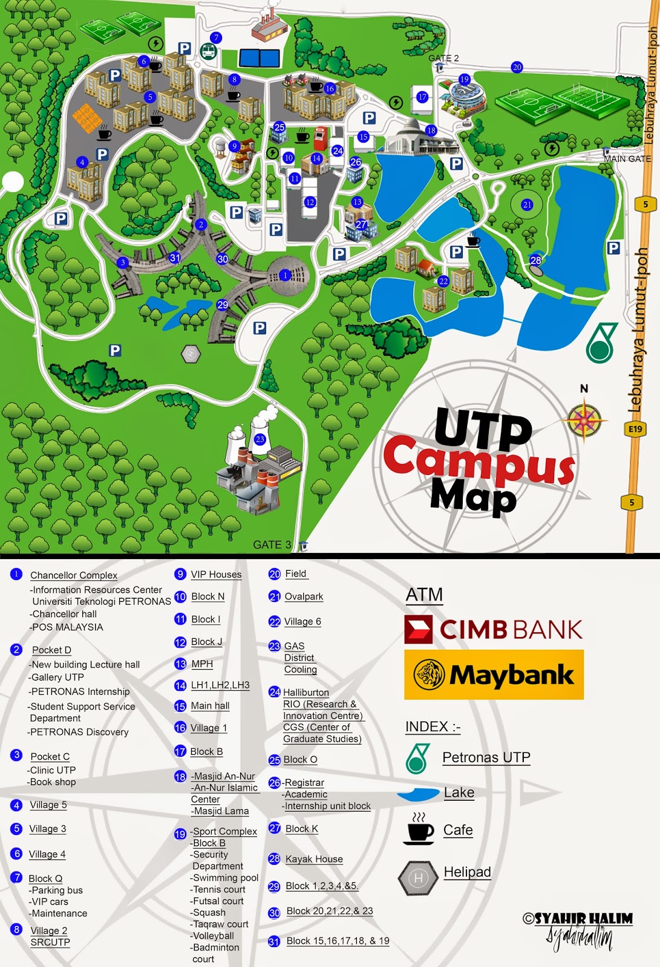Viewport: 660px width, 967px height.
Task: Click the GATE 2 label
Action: pos(443,58)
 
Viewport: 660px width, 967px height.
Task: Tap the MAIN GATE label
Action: pos(627,159)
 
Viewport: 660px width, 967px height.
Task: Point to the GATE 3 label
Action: pos(272,545)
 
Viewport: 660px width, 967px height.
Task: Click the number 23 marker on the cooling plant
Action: pos(260,439)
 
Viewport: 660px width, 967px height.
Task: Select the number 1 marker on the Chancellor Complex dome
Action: pos(286,275)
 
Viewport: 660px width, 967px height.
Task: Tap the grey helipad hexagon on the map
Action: pos(191,353)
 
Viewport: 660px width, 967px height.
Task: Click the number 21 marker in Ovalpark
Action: pos(527,205)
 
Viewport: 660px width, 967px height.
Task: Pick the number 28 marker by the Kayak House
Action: pos(535,260)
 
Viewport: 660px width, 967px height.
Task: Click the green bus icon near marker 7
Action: pos(209,52)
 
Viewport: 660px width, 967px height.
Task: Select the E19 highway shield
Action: pos(635,429)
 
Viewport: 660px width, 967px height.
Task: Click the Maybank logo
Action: pos(494,674)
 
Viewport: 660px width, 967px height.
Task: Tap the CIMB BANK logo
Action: pos(494,629)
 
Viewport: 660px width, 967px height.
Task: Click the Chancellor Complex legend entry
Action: pos(74,575)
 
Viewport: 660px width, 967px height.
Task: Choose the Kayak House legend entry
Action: pos(314,859)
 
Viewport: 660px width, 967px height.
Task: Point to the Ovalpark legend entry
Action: pos(304,597)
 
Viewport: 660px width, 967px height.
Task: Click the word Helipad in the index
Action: pos(467,872)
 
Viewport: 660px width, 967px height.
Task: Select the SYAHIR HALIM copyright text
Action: pos(578,919)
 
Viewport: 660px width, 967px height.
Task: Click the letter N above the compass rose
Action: pos(584,389)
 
